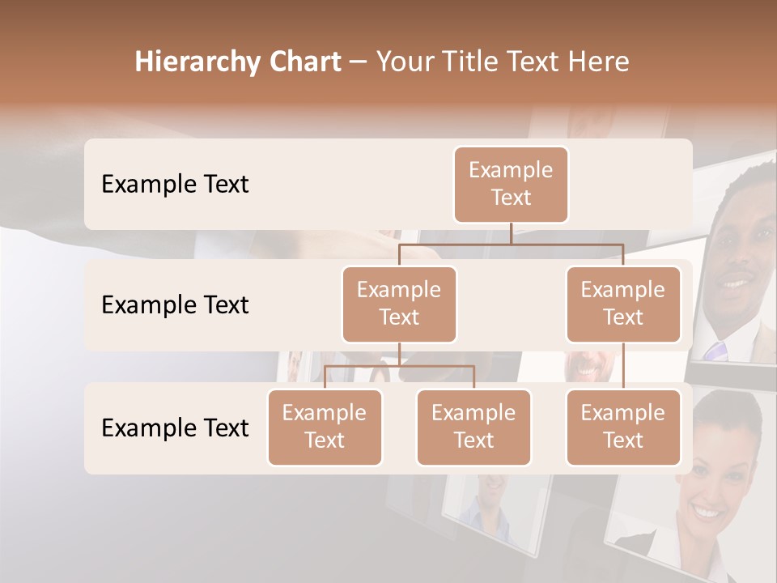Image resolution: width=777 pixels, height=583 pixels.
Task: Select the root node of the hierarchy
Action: (511, 184)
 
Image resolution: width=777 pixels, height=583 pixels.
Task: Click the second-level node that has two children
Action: (399, 304)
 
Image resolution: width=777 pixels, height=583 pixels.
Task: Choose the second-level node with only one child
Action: (623, 304)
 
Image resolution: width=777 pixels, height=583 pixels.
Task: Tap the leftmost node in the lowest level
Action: (325, 427)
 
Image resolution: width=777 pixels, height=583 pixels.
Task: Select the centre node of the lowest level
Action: (473, 427)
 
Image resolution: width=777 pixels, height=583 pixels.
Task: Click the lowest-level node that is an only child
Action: (623, 427)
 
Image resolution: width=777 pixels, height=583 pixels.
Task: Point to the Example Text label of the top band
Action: (175, 185)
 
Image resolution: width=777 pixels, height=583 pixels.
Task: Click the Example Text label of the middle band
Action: (175, 305)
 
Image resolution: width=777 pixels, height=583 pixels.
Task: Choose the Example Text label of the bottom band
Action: (175, 428)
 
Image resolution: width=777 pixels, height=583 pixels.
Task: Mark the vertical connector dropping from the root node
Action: (511, 233)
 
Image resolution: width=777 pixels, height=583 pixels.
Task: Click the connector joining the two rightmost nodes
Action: (623, 366)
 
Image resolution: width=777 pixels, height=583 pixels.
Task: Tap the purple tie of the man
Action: (715, 350)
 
